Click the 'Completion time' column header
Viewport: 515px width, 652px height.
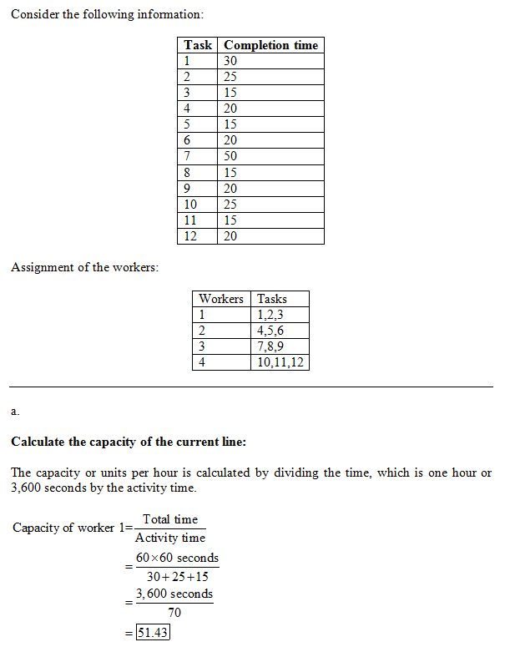(270, 45)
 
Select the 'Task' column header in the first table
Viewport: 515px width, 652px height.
(198, 45)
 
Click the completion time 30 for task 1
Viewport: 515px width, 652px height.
(230, 61)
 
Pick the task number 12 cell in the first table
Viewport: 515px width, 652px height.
(190, 236)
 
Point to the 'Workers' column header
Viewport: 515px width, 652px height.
(221, 298)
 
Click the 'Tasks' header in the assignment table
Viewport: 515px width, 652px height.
(272, 298)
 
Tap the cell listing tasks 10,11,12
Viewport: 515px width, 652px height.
(280, 362)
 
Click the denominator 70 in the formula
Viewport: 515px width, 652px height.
(174, 613)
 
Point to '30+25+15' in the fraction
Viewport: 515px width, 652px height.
(177, 576)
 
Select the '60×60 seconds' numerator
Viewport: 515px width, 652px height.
(177, 557)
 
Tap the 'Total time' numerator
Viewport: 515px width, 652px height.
(170, 519)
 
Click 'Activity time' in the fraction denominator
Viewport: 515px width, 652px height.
(170, 538)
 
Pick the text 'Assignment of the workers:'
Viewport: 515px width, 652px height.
(84, 267)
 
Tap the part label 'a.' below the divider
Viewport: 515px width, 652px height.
(15, 411)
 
